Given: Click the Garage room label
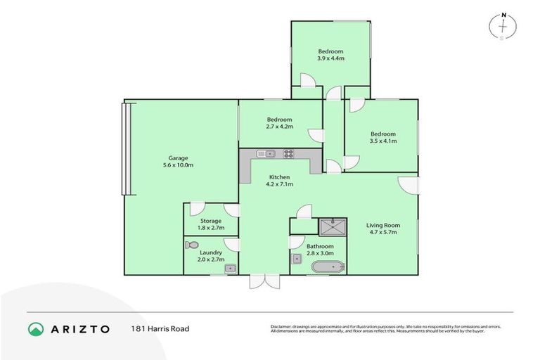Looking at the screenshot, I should coord(177,157).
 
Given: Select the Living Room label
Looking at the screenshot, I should coord(382,224).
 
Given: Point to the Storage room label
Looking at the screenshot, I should coord(210,221).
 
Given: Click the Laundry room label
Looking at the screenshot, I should coord(211,252).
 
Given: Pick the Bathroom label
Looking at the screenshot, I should coord(319,246).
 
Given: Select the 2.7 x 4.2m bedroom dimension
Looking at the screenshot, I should coord(279,127).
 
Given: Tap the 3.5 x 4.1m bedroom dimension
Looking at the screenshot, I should coord(383,141).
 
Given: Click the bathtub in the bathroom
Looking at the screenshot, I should coord(328,266).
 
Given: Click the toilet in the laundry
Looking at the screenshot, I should coord(191,245).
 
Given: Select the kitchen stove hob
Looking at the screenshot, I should coord(288,153).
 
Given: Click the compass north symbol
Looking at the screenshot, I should coord(503,25).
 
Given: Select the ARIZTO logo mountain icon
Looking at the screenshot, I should coord(36,328).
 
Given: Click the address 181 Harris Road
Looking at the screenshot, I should coord(160,328).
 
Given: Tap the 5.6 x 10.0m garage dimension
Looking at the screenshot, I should coord(177,165).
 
